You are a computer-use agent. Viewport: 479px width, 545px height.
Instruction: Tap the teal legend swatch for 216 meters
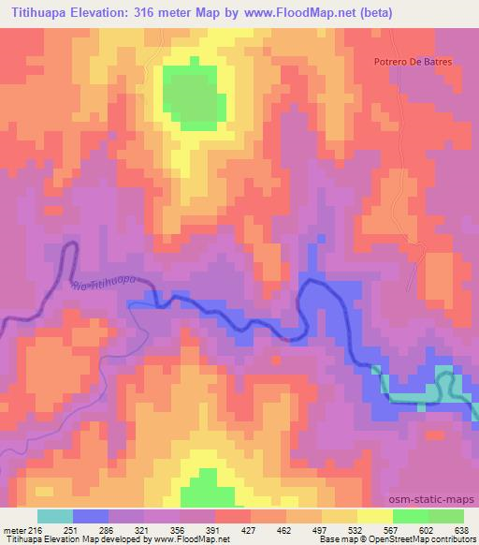click(x=55, y=516)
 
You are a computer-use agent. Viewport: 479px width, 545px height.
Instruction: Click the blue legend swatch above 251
click(x=91, y=516)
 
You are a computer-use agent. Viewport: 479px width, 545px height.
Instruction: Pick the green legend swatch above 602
click(x=411, y=516)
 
